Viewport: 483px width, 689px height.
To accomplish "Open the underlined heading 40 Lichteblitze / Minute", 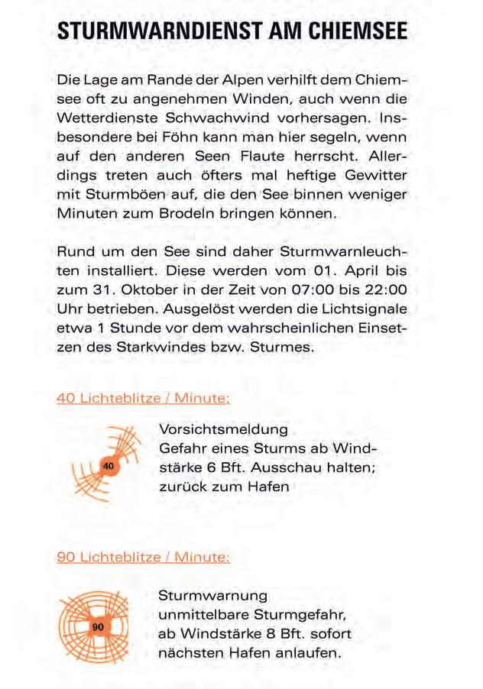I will [144, 398].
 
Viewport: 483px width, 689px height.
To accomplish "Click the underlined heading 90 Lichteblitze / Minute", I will [144, 557].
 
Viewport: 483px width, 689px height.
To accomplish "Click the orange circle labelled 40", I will [109, 464].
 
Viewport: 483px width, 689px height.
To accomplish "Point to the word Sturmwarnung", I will [212, 594].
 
